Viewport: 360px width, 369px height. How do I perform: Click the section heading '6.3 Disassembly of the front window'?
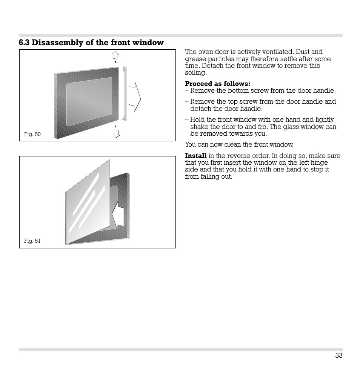(x=91, y=43)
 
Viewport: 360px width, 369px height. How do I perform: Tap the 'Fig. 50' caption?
(x=32, y=134)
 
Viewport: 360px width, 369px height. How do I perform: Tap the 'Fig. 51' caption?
(x=32, y=241)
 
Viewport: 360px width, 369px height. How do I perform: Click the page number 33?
(x=338, y=355)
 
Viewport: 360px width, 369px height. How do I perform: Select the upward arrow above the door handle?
(x=115, y=55)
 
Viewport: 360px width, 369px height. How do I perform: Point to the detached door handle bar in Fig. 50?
(x=124, y=94)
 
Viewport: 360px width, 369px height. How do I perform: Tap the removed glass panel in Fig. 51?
(x=87, y=204)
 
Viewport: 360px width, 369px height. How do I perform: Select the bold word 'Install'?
(x=195, y=156)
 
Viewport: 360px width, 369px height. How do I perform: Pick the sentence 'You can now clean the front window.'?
(x=239, y=144)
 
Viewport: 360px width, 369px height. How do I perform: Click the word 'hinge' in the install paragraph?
(x=319, y=162)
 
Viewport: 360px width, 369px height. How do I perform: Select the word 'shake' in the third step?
(x=199, y=127)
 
